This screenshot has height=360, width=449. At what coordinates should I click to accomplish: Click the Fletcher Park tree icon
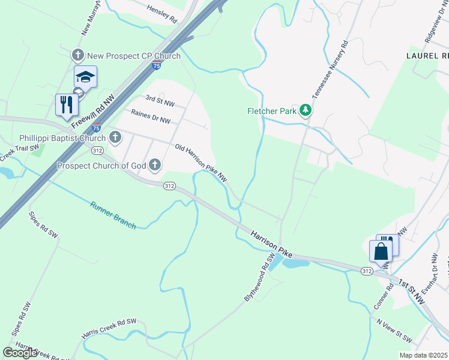(306, 110)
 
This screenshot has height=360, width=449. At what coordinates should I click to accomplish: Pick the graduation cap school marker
(85, 77)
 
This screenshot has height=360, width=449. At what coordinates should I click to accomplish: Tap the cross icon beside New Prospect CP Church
(77, 56)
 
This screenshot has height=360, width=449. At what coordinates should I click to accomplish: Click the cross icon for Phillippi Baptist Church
(114, 138)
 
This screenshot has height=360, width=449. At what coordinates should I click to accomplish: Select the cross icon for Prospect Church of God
(155, 164)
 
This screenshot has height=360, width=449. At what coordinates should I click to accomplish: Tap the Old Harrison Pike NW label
(201, 162)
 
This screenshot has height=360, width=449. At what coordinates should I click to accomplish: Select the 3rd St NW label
(160, 100)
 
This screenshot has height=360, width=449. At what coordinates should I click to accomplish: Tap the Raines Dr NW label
(151, 116)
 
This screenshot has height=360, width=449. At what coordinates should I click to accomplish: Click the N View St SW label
(394, 330)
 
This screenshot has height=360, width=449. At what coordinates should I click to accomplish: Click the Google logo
(20, 352)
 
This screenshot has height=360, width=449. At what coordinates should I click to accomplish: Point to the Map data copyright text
(423, 355)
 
